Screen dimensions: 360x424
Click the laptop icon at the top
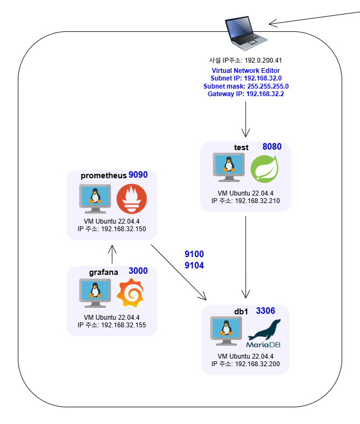tap(246, 33)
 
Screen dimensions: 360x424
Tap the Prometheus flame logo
tap(132, 199)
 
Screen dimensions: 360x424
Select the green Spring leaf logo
tap(264, 168)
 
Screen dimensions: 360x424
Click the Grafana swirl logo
tap(130, 293)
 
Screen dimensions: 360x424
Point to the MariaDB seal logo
tap(263, 333)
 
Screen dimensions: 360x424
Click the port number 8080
tap(272, 146)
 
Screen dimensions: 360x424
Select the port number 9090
tap(138, 174)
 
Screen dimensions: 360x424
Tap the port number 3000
tap(138, 271)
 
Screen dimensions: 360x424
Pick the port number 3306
tap(266, 311)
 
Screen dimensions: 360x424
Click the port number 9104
tap(194, 265)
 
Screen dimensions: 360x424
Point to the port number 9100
tap(194, 254)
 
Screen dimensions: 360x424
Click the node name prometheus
tap(104, 176)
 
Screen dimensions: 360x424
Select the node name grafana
tap(104, 272)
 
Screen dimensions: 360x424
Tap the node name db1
tap(241, 312)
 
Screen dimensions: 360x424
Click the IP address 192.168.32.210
tap(257, 201)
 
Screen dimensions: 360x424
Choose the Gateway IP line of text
tap(246, 94)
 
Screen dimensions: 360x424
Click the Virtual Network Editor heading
tap(246, 71)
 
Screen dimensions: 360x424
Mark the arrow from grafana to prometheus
tap(112, 254)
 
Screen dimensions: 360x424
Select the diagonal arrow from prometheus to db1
tap(179, 272)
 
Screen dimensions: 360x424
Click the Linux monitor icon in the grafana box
tap(95, 293)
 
